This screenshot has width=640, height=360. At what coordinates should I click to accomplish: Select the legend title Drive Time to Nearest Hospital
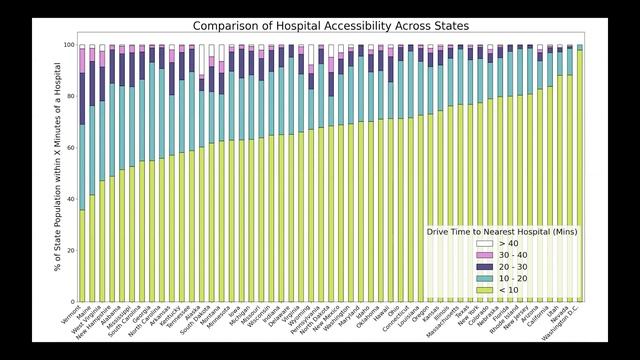click(504, 231)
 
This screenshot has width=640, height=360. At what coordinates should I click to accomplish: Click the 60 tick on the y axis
click(69, 148)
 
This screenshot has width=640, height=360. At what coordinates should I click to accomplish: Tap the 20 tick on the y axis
click(69, 250)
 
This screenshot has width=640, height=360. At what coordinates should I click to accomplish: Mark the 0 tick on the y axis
click(71, 301)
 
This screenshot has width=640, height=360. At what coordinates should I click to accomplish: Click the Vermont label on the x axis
click(72, 314)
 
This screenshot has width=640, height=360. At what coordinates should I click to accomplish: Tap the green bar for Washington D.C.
click(580, 176)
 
